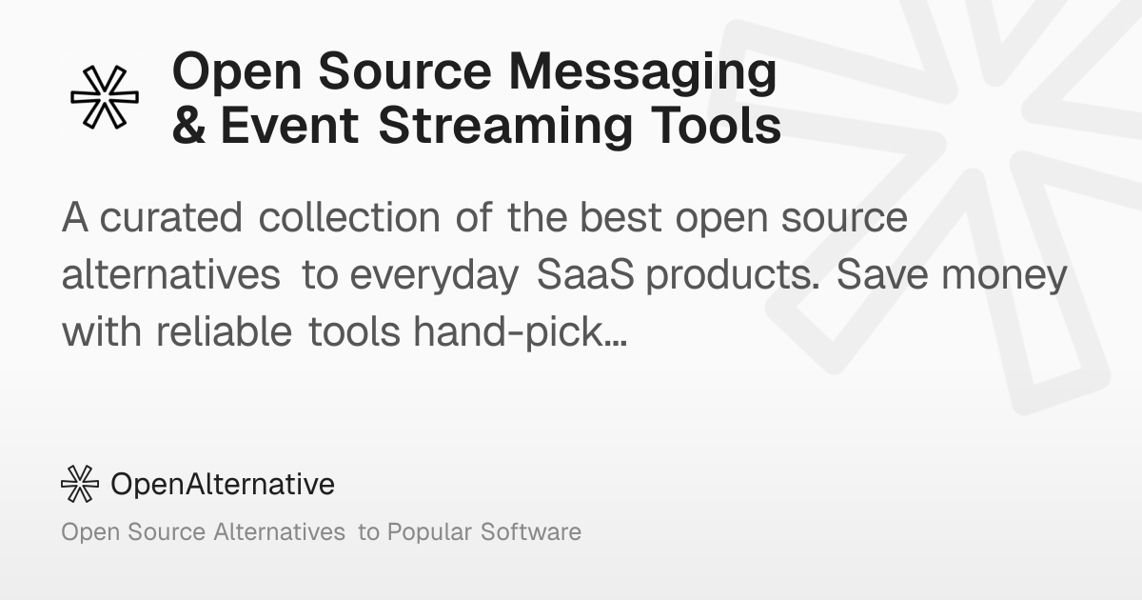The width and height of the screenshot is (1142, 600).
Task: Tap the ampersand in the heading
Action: [188, 125]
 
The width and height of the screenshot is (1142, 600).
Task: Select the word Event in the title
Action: [289, 125]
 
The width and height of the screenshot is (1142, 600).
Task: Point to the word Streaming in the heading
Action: [505, 128]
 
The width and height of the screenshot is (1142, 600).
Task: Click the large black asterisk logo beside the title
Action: [105, 97]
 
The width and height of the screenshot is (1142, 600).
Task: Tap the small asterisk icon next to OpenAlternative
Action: [80, 484]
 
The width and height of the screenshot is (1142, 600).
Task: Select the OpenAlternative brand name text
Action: [223, 484]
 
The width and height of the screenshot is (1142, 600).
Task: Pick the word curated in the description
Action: [170, 217]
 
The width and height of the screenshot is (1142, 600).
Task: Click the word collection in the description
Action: [349, 217]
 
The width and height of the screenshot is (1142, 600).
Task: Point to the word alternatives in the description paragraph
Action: [170, 274]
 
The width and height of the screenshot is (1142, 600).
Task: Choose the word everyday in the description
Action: [434, 276]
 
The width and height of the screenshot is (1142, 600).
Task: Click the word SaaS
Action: [586, 274]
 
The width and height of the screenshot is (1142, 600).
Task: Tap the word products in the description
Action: [733, 275]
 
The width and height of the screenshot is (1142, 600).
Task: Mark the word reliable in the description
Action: [224, 331]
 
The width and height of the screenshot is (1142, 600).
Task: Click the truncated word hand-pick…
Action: [520, 333]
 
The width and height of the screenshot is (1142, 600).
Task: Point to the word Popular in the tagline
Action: [429, 532]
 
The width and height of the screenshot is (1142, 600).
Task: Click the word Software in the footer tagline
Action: [531, 531]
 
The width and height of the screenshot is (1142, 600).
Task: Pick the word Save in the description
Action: [882, 274]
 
